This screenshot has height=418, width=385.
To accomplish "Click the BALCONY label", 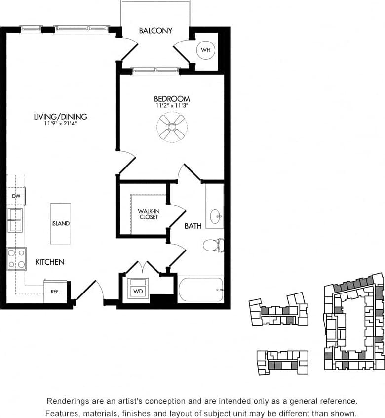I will click(155, 31).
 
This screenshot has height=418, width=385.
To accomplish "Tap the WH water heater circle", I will click(205, 50).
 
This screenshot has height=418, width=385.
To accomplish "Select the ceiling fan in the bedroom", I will click(172, 127).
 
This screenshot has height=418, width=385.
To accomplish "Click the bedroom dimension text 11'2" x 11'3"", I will click(172, 106).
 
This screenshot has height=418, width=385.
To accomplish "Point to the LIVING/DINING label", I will click(60, 117).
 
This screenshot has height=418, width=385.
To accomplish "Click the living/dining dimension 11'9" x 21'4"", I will click(60, 124).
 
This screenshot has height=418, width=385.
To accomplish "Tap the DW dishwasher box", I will click(16, 196).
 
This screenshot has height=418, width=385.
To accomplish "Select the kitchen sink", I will click(15, 220).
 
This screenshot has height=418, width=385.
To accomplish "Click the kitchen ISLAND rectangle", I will click(60, 223).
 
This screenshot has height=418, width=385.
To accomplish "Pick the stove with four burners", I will click(16, 259).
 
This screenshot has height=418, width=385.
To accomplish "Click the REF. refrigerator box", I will click(55, 292).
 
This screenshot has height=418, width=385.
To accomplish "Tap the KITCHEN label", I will click(49, 262).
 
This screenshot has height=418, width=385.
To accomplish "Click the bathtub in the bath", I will click(200, 289).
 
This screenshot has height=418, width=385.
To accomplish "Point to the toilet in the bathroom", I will click(214, 245).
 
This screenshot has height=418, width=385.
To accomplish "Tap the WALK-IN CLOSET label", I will click(148, 214).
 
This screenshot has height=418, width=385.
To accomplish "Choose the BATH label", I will click(193, 226).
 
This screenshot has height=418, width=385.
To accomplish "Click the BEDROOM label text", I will click(172, 99).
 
